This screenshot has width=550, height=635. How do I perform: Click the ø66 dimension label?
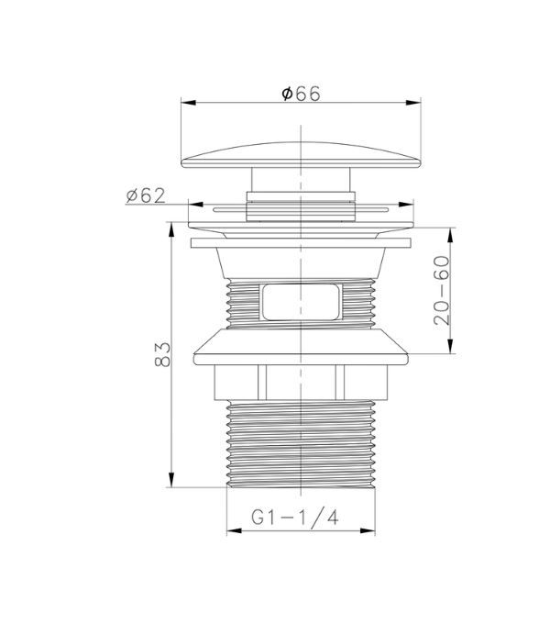[x=301, y=94]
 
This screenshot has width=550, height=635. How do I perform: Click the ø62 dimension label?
[x=146, y=195]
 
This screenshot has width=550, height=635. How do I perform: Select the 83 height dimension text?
[x=162, y=354]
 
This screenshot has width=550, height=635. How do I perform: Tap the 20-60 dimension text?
[x=441, y=290]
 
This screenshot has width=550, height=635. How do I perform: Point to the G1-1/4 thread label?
[x=294, y=518]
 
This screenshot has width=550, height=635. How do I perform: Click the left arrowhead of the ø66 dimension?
[x=189, y=103]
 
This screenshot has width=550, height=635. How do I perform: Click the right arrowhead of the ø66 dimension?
[x=413, y=103]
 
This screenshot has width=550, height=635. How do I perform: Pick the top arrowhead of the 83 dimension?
[x=171, y=229]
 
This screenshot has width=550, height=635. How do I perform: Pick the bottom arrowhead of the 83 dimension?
[x=171, y=480]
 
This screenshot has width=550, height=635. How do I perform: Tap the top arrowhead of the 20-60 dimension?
[x=450, y=235]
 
